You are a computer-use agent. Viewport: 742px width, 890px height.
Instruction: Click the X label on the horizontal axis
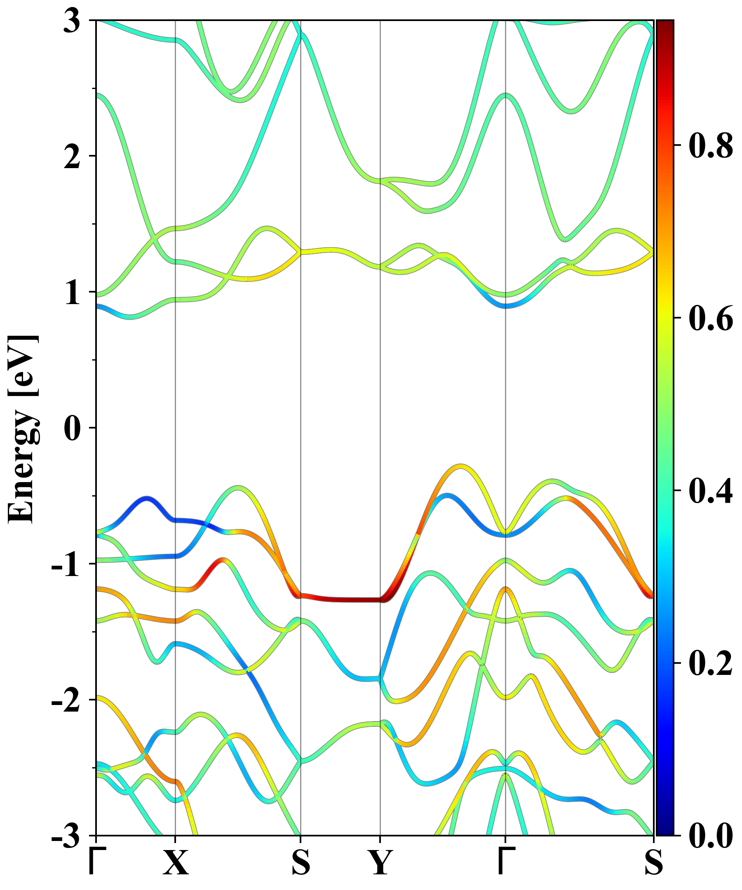coord(176,863)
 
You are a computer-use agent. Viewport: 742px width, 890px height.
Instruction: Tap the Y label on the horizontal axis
coord(380,863)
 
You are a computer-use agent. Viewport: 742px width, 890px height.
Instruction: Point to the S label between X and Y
coord(301,863)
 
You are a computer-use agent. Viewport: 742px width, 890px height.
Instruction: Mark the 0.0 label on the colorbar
coord(711,835)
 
